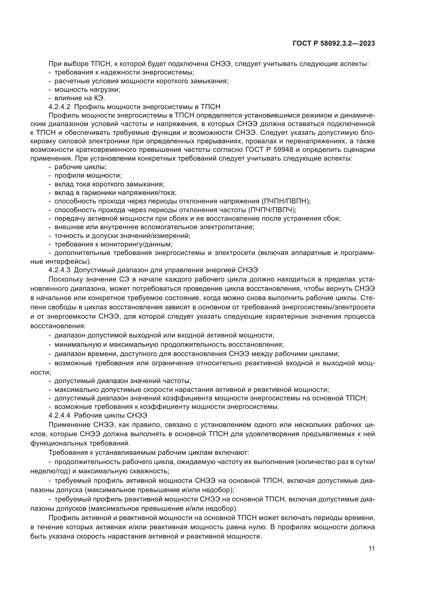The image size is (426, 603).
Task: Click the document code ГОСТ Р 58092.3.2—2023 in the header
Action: pos(334,44)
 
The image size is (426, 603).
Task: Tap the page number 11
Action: pos(371,549)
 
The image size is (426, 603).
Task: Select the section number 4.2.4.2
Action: pos(59,107)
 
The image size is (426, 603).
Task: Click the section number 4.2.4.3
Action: pos(59,270)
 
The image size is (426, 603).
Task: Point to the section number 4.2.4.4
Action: pos(59,415)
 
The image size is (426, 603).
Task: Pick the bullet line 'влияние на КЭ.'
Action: pos(80,98)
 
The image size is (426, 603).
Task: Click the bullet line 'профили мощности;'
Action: pos(88,176)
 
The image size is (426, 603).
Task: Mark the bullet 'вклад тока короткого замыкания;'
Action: pos(109,184)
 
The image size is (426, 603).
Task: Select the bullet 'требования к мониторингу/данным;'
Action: pos(113,244)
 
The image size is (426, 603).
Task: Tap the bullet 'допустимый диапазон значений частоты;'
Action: pos(123,381)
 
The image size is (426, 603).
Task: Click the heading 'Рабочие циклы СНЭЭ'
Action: pos(110,415)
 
